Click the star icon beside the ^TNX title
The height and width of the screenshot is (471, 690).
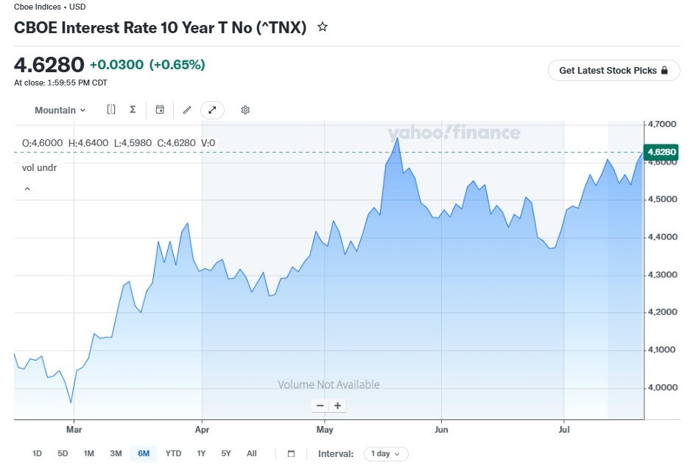323,27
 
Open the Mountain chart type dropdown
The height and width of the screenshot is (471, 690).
60,110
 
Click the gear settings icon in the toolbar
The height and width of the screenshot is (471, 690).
245,110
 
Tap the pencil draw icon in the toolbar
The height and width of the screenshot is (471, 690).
187,110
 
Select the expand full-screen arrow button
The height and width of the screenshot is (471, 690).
212,110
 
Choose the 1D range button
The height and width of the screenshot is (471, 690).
37,453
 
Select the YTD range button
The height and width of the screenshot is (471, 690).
173,453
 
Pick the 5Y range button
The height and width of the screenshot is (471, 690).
226,453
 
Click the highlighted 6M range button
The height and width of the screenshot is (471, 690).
144,453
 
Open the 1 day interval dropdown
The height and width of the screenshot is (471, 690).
386,454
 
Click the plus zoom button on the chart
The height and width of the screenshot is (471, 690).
337,405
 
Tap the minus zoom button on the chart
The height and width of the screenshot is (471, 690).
320,405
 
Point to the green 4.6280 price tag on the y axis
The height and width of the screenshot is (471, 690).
661,152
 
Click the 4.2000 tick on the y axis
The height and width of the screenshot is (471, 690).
662,312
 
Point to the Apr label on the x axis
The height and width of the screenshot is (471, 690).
202,429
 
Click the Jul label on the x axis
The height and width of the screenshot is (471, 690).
563,429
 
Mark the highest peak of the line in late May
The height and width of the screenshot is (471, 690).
398,139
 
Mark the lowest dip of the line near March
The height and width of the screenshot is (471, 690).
71,402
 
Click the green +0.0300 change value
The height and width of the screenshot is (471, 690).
116,65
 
